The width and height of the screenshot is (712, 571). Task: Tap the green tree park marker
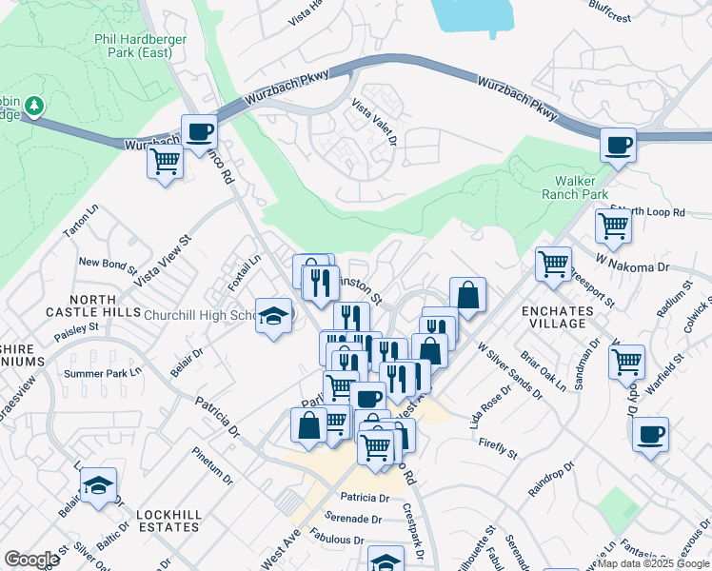(x=34, y=105)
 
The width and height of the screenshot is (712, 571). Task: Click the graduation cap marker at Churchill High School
(x=274, y=316)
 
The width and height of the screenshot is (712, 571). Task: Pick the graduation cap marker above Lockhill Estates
(x=98, y=484)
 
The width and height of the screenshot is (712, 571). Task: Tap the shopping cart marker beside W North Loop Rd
(x=613, y=226)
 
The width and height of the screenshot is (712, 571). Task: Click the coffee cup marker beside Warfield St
(x=651, y=434)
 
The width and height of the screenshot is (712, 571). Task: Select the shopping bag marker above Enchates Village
(x=467, y=295)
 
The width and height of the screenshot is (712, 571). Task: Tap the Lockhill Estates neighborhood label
(x=168, y=521)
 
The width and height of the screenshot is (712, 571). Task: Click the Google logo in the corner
(x=31, y=560)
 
